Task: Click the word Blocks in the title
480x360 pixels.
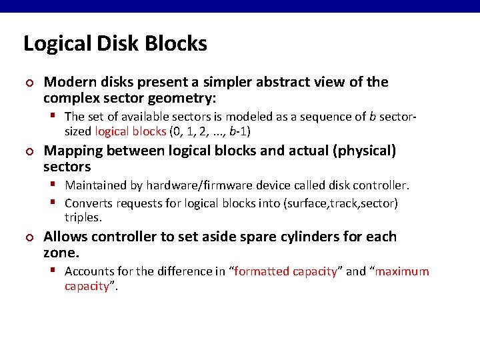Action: [x=176, y=44]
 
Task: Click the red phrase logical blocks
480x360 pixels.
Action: [x=131, y=131]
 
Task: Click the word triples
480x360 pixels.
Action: [x=83, y=217]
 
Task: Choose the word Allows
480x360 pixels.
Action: [x=64, y=237]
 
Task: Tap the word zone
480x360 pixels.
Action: [x=61, y=253]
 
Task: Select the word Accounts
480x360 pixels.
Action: [x=91, y=271]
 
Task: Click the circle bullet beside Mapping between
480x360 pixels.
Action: [x=29, y=152]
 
